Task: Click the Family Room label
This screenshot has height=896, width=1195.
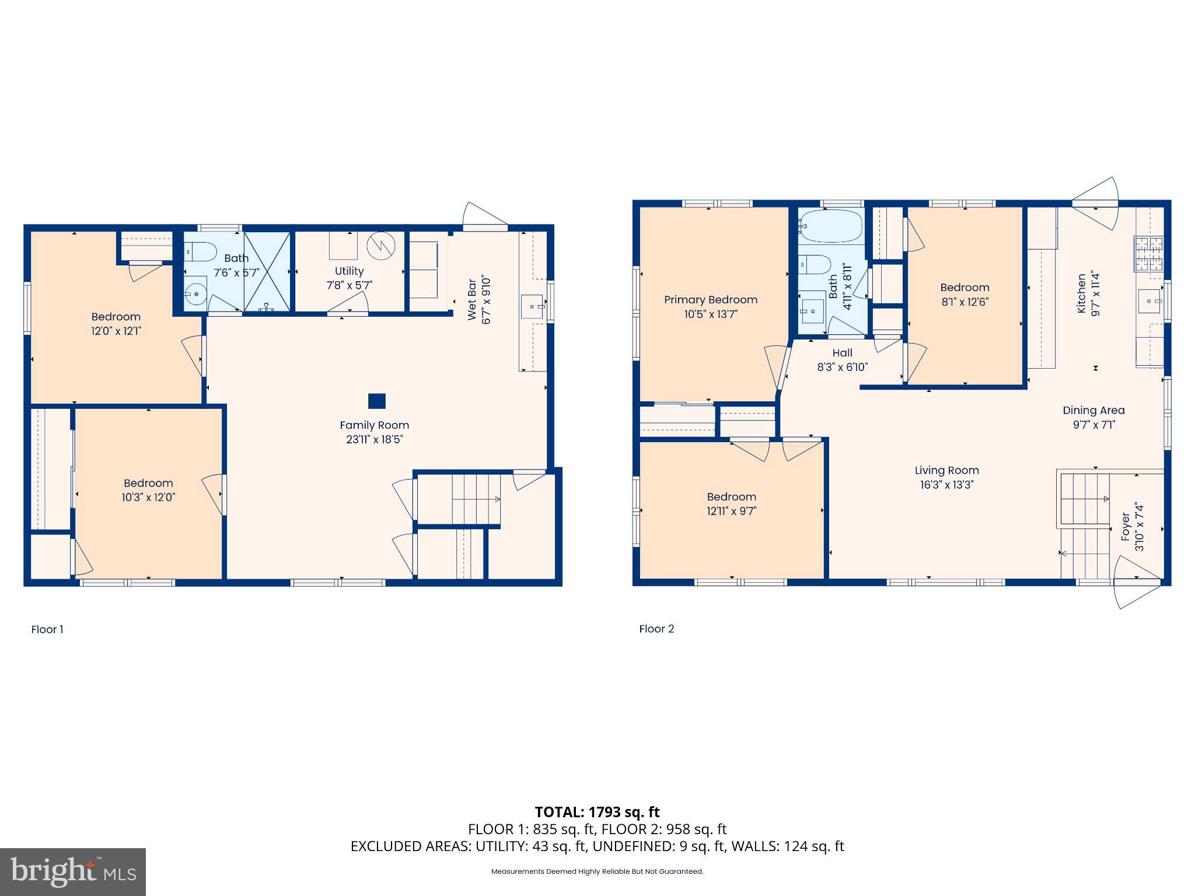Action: (x=374, y=425)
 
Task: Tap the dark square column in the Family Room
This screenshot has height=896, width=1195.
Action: (x=377, y=401)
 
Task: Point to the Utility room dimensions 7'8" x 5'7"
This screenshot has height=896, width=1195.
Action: (x=349, y=285)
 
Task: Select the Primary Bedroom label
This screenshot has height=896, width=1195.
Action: (x=710, y=300)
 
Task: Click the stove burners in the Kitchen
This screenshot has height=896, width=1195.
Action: (x=1148, y=254)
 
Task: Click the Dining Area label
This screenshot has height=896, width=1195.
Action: (x=1093, y=411)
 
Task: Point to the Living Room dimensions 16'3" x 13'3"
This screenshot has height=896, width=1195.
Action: (x=946, y=485)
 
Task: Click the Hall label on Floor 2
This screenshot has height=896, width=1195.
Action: (x=842, y=353)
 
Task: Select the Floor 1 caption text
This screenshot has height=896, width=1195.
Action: (x=47, y=629)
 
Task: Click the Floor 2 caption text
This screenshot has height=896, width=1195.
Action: (x=656, y=629)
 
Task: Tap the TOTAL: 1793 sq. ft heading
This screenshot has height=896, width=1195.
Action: (x=597, y=812)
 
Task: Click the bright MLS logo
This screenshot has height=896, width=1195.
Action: (x=73, y=872)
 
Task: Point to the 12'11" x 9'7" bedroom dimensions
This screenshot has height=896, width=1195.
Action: (x=731, y=511)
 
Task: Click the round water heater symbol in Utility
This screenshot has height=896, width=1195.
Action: (x=381, y=246)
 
